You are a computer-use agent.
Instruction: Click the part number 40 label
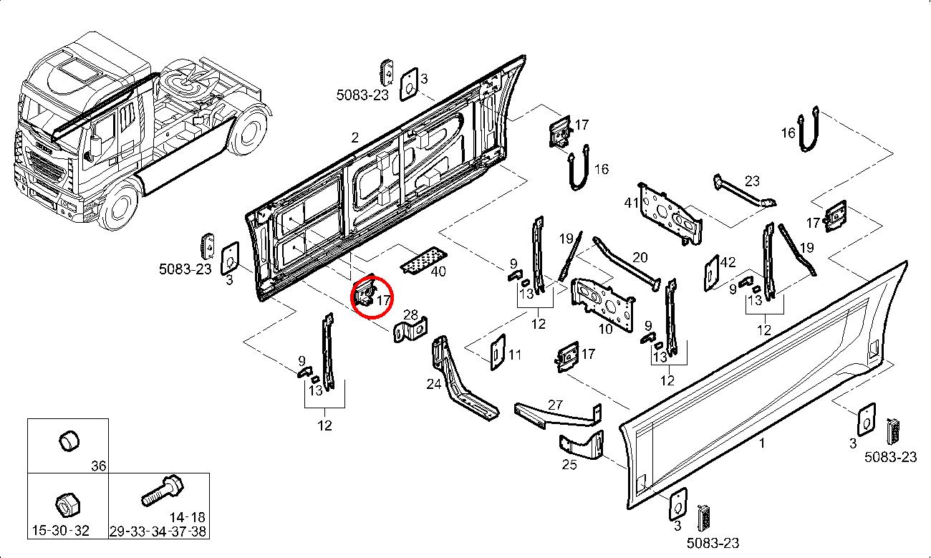coord(438,271)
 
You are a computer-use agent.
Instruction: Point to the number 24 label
coord(434,384)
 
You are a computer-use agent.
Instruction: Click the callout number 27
coord(556,404)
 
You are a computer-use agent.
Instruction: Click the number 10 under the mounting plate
coord(606,329)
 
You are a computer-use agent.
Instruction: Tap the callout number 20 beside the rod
coord(640,257)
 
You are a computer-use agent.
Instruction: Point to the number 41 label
coord(631,203)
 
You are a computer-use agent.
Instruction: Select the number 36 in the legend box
coord(98,466)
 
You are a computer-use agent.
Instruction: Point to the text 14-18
coord(188,516)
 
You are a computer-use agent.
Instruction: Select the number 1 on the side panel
coord(762,443)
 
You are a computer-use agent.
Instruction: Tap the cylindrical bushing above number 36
coord(69,442)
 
